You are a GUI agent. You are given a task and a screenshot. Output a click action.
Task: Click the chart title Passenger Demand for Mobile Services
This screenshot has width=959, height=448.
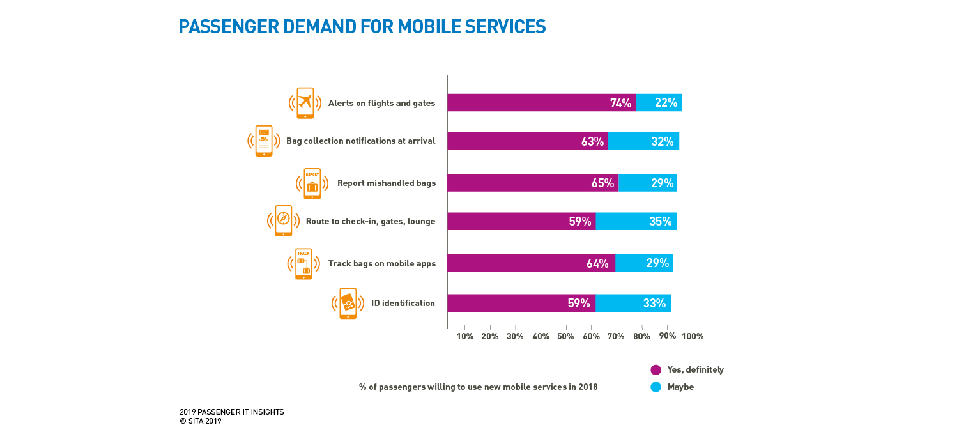pyautogui.click(x=362, y=27)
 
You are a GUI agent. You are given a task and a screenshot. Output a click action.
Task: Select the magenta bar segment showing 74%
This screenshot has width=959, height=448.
pyautogui.click(x=541, y=103)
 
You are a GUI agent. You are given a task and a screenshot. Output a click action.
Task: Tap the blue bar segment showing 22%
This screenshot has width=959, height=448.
pyautogui.click(x=659, y=103)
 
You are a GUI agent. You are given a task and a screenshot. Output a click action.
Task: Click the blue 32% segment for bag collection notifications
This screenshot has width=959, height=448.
pyautogui.click(x=643, y=141)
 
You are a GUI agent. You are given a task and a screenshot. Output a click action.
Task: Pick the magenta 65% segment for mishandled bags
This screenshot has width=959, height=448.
pyautogui.click(x=533, y=183)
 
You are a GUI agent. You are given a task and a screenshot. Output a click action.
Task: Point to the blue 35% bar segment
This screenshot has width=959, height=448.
pyautogui.click(x=636, y=221)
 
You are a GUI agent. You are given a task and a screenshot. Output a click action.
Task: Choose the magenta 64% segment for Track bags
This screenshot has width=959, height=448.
pyautogui.click(x=531, y=263)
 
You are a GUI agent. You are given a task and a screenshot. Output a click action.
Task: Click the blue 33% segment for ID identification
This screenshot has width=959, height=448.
pyautogui.click(x=633, y=303)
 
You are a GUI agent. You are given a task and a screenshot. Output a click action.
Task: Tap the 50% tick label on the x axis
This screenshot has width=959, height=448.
pyautogui.click(x=565, y=336)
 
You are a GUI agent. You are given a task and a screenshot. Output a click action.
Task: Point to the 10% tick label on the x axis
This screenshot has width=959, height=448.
pyautogui.click(x=464, y=336)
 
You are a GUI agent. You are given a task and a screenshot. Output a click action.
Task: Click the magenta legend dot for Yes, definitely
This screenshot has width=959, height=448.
pyautogui.click(x=656, y=369)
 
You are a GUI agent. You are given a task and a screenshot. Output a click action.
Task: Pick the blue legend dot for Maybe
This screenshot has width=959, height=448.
pyautogui.click(x=656, y=387)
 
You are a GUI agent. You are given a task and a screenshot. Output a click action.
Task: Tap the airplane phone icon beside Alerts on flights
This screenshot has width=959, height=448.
pyautogui.click(x=305, y=103)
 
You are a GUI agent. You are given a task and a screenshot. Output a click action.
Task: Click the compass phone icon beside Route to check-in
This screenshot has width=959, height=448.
pyautogui.click(x=283, y=221)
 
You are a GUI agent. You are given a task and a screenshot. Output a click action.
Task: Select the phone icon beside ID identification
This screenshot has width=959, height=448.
pyautogui.click(x=348, y=303)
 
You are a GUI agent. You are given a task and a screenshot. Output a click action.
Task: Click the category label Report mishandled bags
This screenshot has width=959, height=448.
pyautogui.click(x=386, y=183)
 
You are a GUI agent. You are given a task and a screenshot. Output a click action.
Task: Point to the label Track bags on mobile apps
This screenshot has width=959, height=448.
pyautogui.click(x=381, y=263)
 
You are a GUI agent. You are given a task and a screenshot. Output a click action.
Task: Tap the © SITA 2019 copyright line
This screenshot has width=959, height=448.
pyautogui.click(x=200, y=421)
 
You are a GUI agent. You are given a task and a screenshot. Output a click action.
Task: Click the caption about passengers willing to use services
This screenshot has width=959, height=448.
pyautogui.click(x=478, y=387)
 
